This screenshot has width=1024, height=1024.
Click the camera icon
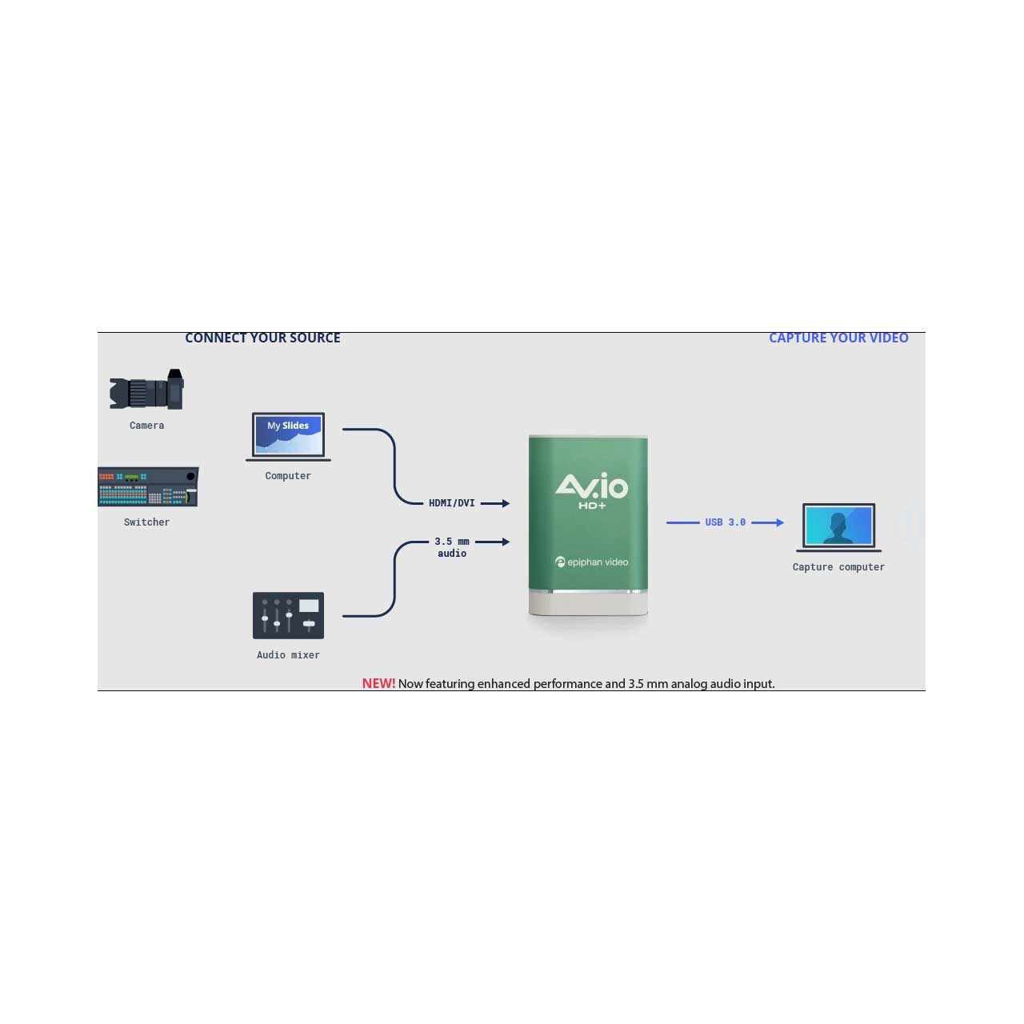[x=147, y=390]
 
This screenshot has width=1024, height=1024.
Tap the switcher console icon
[x=148, y=486]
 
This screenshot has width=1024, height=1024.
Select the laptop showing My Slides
[x=288, y=436]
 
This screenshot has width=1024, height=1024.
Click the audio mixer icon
[x=288, y=615]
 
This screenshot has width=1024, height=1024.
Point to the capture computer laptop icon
[x=838, y=527]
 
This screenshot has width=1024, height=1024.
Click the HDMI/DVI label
[x=451, y=503]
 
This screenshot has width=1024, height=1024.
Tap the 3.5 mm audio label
[x=452, y=547]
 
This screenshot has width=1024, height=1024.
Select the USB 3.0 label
[x=725, y=522]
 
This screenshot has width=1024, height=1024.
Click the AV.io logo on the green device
[x=591, y=485]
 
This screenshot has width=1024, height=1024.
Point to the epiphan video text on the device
[x=597, y=562]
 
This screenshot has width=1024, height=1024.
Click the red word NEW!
[x=378, y=683]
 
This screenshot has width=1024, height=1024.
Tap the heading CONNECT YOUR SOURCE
[x=262, y=338]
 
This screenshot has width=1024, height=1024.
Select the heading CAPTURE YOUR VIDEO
[x=838, y=338]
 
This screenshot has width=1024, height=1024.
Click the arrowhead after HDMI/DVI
[x=505, y=503]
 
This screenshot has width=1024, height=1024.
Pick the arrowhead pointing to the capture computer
[x=779, y=522]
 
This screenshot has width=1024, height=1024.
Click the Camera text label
[x=146, y=426]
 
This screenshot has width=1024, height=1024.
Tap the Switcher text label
[x=146, y=522]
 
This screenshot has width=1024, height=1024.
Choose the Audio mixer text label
[x=288, y=655]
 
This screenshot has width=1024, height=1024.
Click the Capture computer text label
[x=838, y=567]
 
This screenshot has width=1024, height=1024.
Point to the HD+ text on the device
[x=592, y=506]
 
